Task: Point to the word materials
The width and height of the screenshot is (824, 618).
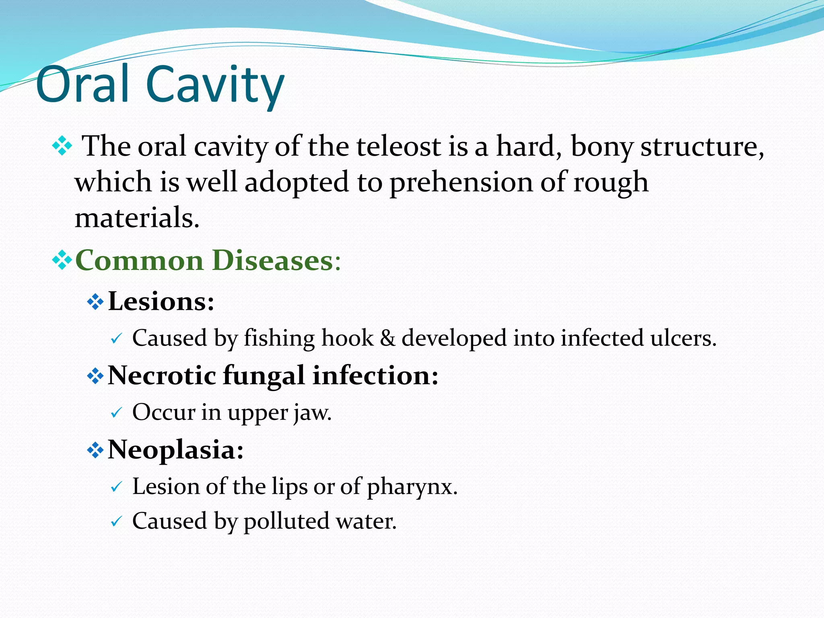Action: (137, 218)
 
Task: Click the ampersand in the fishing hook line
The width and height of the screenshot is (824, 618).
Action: (387, 338)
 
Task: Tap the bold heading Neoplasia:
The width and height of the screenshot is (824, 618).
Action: (176, 449)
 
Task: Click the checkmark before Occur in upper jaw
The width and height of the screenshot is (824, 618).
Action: (116, 413)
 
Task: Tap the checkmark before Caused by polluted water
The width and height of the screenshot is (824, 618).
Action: (116, 522)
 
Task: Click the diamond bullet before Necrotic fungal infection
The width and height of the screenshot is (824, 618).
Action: (95, 376)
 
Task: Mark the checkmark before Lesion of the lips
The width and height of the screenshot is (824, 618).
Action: (116, 487)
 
